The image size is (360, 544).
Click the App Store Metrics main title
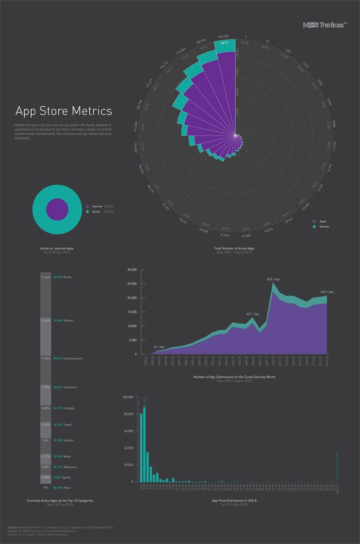tap(64, 111)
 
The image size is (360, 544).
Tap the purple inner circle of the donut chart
tap(57, 209)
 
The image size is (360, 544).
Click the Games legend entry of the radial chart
tap(323, 227)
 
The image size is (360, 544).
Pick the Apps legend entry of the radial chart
tap(322, 220)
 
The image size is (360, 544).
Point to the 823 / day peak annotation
tap(273, 279)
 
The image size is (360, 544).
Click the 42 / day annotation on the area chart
tap(159, 346)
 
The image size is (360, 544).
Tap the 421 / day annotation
tap(253, 314)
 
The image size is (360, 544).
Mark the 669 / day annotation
tap(327, 291)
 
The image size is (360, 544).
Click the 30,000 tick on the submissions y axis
tap(130, 270)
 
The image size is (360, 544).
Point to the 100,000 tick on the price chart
tap(130, 398)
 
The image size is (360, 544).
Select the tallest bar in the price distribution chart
tap(144, 444)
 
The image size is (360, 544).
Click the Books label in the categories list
tap(67, 277)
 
